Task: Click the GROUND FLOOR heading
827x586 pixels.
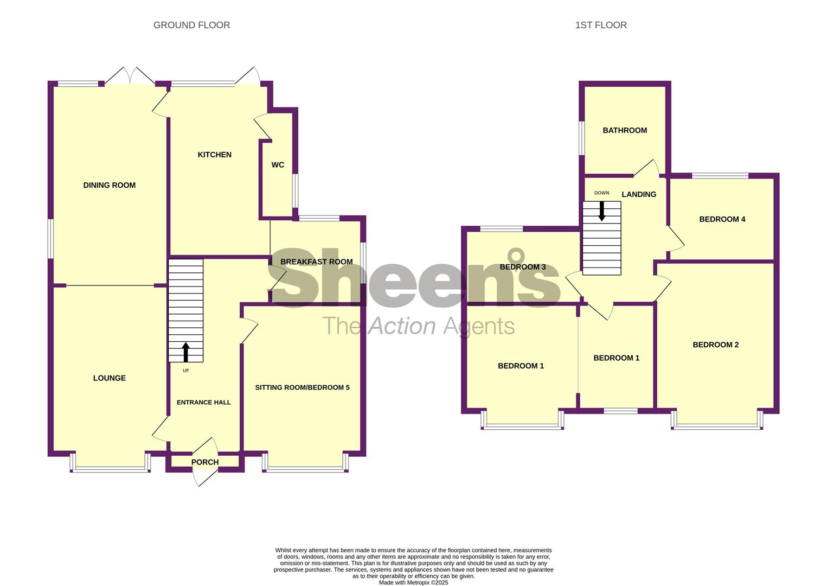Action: (191, 25)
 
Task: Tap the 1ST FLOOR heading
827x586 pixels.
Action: (601, 25)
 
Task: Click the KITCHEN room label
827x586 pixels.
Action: (215, 155)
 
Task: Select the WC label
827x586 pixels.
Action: (278, 165)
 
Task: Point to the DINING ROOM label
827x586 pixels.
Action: (110, 185)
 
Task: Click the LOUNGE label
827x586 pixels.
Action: (110, 378)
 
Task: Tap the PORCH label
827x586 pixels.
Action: (205, 462)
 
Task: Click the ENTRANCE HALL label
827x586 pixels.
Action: (204, 403)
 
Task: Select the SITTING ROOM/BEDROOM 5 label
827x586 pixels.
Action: (303, 387)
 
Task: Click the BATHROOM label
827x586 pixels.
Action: (625, 130)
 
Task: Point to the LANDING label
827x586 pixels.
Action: (639, 194)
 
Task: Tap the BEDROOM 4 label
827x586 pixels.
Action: (722, 219)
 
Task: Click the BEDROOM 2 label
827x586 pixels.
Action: (715, 345)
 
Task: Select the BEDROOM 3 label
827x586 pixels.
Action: (522, 267)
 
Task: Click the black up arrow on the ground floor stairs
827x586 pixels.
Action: (185, 352)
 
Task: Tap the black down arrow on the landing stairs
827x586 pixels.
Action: (602, 211)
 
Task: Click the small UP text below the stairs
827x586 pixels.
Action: (185, 371)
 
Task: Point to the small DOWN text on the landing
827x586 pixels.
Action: (601, 193)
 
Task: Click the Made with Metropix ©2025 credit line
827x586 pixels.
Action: (413, 583)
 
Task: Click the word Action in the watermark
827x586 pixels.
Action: (402, 326)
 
